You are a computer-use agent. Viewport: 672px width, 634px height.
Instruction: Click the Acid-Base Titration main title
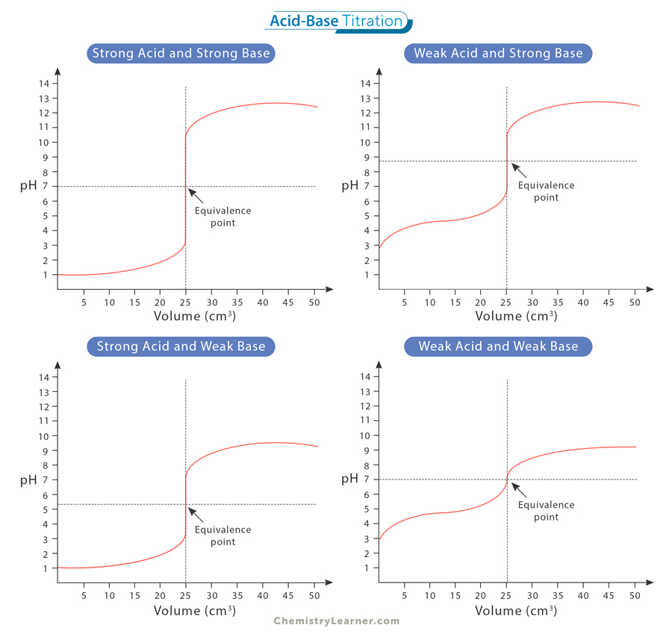(336, 21)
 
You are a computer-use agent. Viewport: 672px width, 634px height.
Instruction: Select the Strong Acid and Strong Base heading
(180, 53)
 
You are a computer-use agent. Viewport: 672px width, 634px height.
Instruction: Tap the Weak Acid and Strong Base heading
(498, 53)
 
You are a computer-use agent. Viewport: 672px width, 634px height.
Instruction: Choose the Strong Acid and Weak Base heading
(180, 346)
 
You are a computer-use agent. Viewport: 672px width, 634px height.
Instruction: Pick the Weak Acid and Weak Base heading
(498, 346)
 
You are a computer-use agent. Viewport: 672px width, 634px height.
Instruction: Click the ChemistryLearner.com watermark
(336, 621)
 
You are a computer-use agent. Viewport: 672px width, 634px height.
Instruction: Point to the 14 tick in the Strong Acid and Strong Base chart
(44, 83)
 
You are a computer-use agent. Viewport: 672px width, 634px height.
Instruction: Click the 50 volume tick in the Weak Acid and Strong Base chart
(635, 302)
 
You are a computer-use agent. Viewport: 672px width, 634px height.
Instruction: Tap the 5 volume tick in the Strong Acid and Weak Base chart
(84, 596)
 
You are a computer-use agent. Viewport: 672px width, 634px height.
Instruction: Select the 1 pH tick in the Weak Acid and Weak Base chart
(366, 568)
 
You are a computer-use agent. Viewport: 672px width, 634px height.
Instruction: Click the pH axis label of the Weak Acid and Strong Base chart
(349, 185)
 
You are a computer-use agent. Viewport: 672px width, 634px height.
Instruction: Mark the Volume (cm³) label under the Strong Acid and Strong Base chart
(194, 316)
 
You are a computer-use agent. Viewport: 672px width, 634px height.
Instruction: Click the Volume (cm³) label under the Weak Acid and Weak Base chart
(516, 610)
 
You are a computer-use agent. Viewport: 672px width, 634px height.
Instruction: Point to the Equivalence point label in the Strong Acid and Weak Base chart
(223, 535)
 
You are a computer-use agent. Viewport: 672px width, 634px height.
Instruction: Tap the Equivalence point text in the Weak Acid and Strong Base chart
(546, 191)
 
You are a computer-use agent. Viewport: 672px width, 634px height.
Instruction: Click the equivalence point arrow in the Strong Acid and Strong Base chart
(196, 196)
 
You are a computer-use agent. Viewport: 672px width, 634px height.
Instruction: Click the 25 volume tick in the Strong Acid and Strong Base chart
(185, 302)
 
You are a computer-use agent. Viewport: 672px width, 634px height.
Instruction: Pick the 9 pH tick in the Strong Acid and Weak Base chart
(46, 450)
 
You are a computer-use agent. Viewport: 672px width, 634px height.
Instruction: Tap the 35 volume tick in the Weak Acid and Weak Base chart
(558, 596)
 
